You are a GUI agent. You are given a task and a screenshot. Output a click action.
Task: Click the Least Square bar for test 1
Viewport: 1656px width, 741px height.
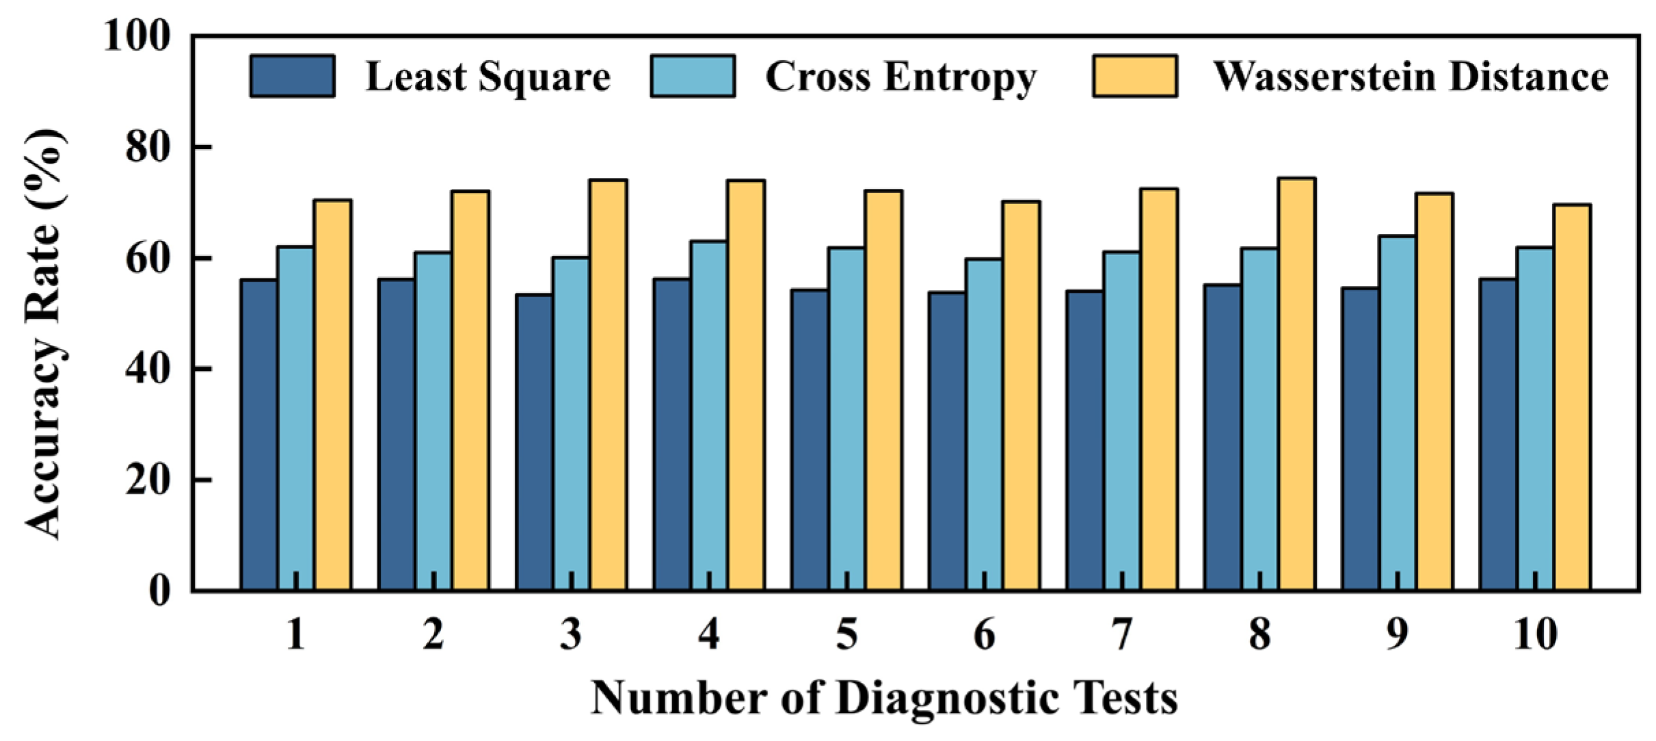259,434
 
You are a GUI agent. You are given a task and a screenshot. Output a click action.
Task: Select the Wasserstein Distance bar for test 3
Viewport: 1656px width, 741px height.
609,385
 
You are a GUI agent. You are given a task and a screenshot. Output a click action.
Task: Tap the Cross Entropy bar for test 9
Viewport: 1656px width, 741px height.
1398,413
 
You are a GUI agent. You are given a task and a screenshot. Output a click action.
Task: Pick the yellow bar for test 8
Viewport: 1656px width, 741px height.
1297,384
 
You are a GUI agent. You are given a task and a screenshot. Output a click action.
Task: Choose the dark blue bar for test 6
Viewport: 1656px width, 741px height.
947,441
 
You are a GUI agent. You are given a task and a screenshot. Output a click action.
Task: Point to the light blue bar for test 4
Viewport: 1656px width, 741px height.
709,416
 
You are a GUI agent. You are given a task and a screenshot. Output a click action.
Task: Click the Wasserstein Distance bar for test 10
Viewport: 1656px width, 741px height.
1572,397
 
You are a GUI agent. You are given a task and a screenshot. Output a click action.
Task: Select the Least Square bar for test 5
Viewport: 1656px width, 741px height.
810,440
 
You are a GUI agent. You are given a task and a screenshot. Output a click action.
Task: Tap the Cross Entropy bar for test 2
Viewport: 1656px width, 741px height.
433,421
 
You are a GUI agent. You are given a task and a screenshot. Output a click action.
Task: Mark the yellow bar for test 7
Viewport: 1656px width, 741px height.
1159,389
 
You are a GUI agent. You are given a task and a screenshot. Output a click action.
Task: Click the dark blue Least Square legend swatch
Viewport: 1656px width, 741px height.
293,76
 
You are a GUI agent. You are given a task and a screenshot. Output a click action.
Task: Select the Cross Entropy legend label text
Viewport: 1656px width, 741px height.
900,77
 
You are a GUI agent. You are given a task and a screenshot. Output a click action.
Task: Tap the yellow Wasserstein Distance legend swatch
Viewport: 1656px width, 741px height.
1135,76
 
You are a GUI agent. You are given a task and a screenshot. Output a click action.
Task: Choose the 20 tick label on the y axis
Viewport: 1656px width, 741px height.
148,480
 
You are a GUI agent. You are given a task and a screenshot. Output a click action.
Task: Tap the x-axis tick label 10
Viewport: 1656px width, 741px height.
1535,634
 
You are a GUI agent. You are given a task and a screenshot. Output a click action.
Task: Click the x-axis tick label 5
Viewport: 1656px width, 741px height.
846,634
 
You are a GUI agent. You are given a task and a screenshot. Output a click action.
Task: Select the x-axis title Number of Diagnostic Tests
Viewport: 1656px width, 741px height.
885,699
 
